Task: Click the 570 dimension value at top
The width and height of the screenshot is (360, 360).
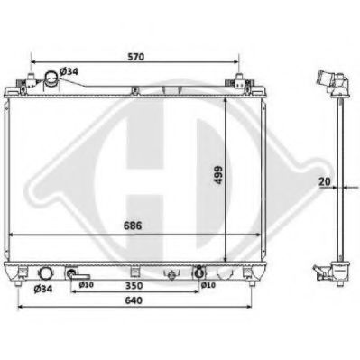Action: pyautogui.click(x=135, y=57)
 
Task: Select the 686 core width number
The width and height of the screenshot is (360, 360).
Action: pyautogui.click(x=133, y=226)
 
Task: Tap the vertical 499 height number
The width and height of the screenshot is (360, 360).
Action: pyautogui.click(x=218, y=175)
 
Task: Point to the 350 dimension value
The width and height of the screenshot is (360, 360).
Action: pyautogui.click(x=134, y=285)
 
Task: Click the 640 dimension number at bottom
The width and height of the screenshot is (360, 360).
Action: pyautogui.click(x=134, y=300)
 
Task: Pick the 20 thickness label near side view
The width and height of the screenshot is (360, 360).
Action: pyautogui.click(x=325, y=181)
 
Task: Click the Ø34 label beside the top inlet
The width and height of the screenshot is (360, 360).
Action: pyautogui.click(x=69, y=71)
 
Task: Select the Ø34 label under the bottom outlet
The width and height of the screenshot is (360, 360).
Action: pyautogui.click(x=43, y=289)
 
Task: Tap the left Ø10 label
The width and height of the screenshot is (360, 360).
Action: pyautogui.click(x=86, y=285)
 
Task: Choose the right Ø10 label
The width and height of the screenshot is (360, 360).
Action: pyautogui.click(x=208, y=285)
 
